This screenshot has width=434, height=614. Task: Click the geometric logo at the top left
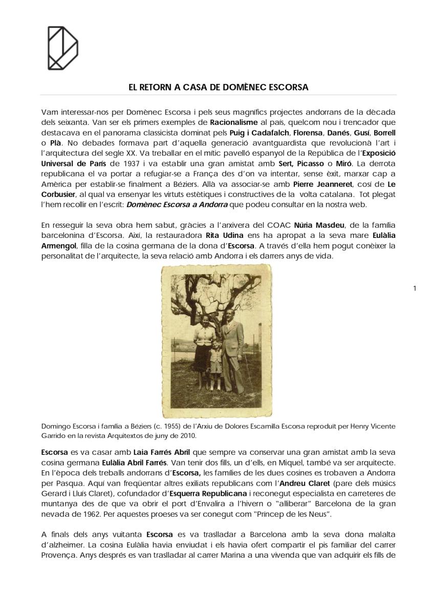click(62, 48)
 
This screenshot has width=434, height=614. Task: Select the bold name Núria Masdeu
click(317, 225)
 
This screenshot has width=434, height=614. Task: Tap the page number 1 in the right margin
click(415, 289)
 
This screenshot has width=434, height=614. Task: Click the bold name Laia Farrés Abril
click(158, 452)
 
